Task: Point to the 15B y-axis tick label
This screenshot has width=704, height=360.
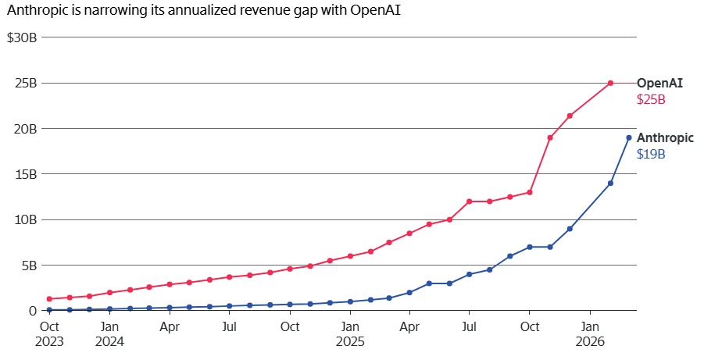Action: pos(23,174)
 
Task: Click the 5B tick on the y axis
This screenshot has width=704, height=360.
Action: pos(27,266)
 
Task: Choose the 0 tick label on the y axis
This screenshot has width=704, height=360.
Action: pos(31,311)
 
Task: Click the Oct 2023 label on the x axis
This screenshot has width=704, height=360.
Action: pos(49,333)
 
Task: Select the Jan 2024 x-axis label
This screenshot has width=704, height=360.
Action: pos(109,333)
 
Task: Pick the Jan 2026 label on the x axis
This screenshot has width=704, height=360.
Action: pos(591,333)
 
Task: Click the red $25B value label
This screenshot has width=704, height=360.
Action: pos(651,99)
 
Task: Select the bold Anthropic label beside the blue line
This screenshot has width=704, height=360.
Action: pos(665,137)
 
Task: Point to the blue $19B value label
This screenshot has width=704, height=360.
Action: pos(651,154)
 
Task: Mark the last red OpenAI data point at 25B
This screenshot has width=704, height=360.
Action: pos(610,83)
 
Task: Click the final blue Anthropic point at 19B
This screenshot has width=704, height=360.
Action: pos(629,137)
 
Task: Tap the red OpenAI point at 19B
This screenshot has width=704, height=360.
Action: pos(550,137)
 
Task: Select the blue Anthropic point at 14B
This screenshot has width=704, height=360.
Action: pos(610,183)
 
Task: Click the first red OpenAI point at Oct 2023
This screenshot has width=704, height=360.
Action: pos(49,299)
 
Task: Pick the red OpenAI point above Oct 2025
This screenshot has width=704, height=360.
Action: pos(530,192)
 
